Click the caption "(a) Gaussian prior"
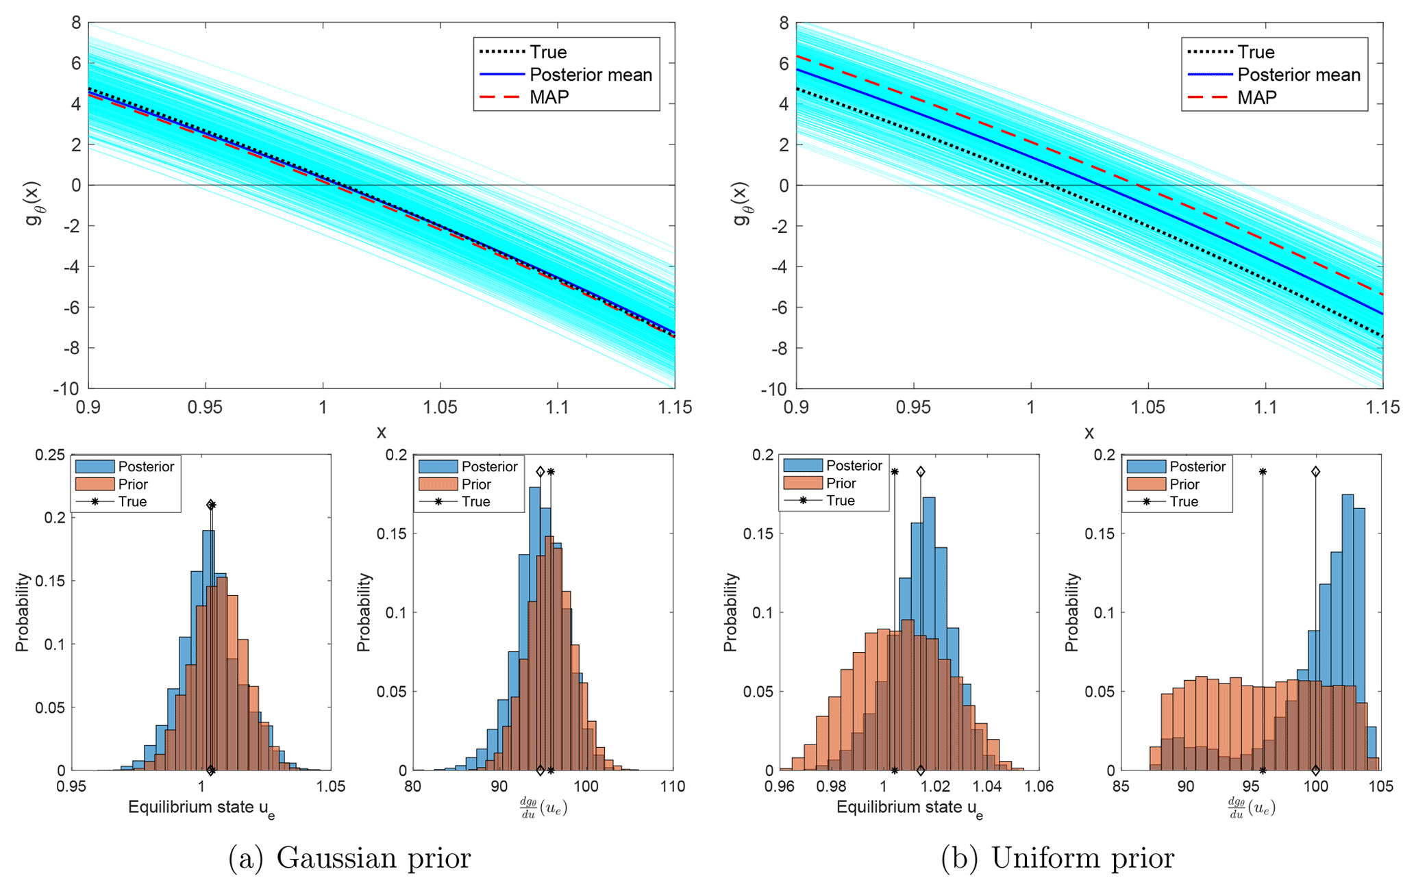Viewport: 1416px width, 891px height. click(x=349, y=858)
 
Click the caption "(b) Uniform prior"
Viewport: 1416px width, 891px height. click(x=1057, y=858)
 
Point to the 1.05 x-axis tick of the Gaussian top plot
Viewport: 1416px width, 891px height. click(x=440, y=407)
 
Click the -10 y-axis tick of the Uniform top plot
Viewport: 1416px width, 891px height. click(x=773, y=389)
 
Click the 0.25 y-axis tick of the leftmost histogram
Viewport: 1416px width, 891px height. click(x=51, y=455)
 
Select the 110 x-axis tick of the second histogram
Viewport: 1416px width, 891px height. click(x=673, y=786)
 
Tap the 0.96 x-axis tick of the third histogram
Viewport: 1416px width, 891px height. click(x=780, y=786)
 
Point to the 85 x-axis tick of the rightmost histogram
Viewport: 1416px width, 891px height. click(x=1121, y=786)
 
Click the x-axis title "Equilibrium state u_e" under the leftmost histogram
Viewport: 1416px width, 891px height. click(x=201, y=808)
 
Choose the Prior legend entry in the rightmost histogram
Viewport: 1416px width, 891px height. click(x=1184, y=484)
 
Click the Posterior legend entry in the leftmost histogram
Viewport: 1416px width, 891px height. click(x=145, y=466)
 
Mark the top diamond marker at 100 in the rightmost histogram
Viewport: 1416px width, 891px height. click(x=1315, y=472)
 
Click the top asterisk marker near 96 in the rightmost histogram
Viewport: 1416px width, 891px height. click(x=1263, y=472)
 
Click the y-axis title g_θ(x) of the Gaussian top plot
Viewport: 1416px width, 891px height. click(x=33, y=203)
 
